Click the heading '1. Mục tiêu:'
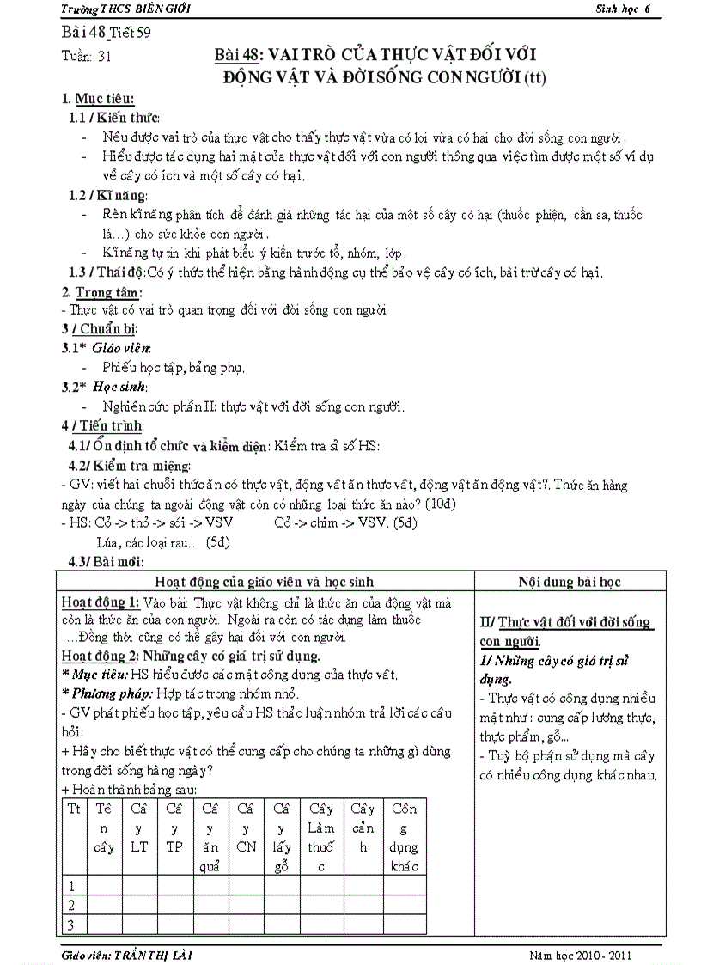click(x=97, y=100)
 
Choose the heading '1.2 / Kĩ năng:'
click(x=108, y=196)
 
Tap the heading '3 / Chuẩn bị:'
click(x=99, y=328)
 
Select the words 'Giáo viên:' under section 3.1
click(x=122, y=348)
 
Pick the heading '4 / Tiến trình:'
click(x=102, y=425)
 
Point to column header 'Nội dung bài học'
click(x=569, y=582)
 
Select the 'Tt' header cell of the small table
click(x=74, y=809)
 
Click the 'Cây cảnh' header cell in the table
click(x=363, y=828)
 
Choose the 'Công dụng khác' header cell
click(x=404, y=837)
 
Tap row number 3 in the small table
click(x=73, y=925)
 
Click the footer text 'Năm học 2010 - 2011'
click(x=583, y=955)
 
